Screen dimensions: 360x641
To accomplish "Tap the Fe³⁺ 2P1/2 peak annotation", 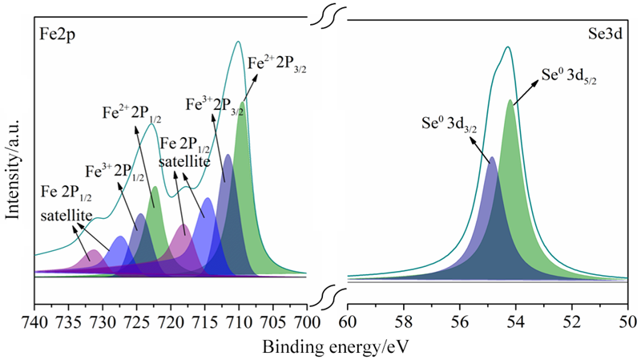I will click(113, 171).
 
